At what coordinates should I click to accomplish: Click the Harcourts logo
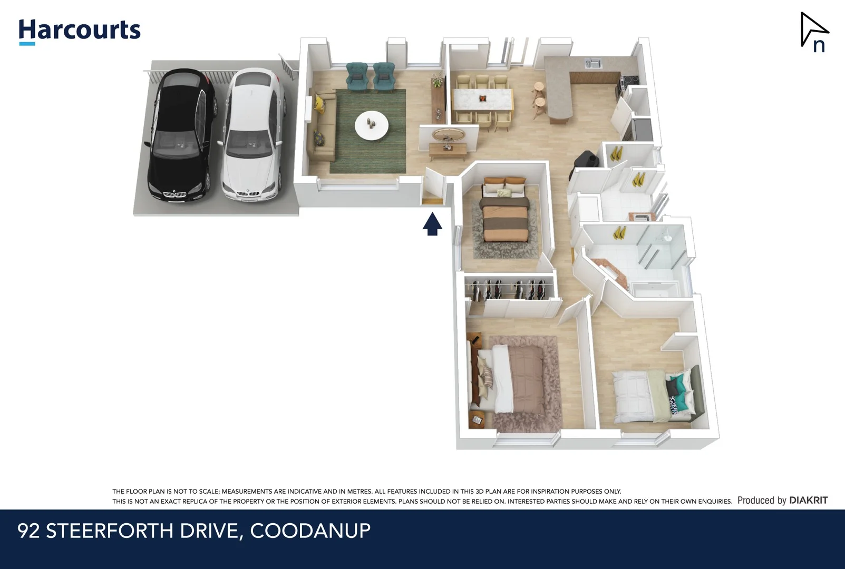80,31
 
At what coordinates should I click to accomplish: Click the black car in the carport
181,135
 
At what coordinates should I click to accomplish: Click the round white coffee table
371,126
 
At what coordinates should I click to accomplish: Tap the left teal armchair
357,76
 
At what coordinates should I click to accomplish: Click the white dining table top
482,99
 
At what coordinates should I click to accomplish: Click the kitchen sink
593,64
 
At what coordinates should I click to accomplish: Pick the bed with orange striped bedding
506,213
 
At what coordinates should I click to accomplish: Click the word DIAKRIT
808,500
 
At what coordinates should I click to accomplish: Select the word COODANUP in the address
310,531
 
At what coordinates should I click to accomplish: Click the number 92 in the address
28,531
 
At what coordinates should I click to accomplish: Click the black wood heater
585,160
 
